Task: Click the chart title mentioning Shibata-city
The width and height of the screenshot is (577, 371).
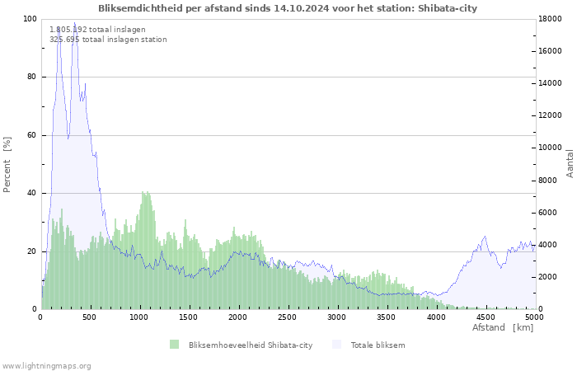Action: tap(287, 8)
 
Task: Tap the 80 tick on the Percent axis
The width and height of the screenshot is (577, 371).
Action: tap(31, 77)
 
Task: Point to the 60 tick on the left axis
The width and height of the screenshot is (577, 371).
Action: tap(31, 135)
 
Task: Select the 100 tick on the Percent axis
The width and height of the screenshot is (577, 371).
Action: tap(29, 19)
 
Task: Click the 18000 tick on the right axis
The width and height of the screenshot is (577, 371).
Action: tap(551, 19)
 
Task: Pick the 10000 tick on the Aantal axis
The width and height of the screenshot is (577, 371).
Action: tap(551, 148)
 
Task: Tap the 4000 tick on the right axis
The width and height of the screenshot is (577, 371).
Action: tap(548, 245)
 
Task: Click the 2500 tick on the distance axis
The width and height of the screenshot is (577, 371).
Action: tap(287, 317)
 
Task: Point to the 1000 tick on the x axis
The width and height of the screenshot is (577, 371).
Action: tap(139, 317)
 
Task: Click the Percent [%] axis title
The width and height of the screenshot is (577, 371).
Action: tap(7, 165)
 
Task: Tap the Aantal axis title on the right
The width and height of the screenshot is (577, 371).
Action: tap(570, 163)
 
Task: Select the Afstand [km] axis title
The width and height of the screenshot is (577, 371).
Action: tap(503, 328)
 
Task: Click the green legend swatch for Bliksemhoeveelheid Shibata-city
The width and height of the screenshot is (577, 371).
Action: tap(174, 345)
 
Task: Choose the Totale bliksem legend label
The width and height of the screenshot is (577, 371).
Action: tap(378, 345)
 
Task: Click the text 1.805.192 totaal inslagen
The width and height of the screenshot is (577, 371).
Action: tap(97, 29)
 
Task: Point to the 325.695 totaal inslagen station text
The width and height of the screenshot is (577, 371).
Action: tap(108, 39)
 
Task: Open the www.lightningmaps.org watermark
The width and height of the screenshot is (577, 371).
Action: tap(46, 365)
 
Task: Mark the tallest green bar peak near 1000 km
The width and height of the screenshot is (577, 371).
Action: tap(143, 192)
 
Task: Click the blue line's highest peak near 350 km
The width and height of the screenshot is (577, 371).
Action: tap(74, 23)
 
